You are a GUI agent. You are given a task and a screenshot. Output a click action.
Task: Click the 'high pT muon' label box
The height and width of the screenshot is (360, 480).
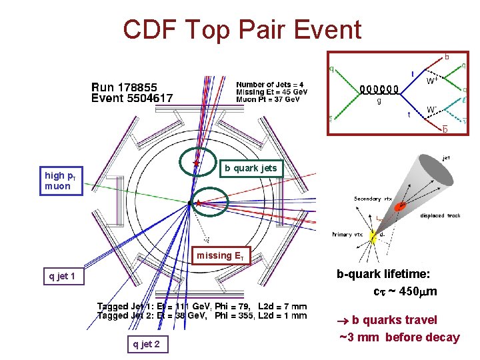click(62, 181)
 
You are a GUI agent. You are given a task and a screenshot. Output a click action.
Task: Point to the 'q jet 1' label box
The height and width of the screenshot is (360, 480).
click(63, 276)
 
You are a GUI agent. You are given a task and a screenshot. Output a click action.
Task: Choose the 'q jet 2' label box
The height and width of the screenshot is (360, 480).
click(146, 344)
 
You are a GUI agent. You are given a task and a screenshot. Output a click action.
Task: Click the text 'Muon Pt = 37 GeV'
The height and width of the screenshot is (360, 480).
click(271, 100)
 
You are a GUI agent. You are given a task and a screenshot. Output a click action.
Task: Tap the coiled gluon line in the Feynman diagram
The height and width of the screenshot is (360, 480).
click(379, 89)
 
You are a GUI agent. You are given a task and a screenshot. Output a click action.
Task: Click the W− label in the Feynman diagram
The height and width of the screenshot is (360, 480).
click(433, 109)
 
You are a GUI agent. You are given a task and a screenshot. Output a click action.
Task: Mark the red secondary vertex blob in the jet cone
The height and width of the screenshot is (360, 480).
click(400, 207)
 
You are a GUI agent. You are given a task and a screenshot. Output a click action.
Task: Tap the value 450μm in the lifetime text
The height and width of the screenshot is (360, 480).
click(415, 291)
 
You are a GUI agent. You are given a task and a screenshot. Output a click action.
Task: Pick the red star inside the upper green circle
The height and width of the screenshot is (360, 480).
click(196, 163)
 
